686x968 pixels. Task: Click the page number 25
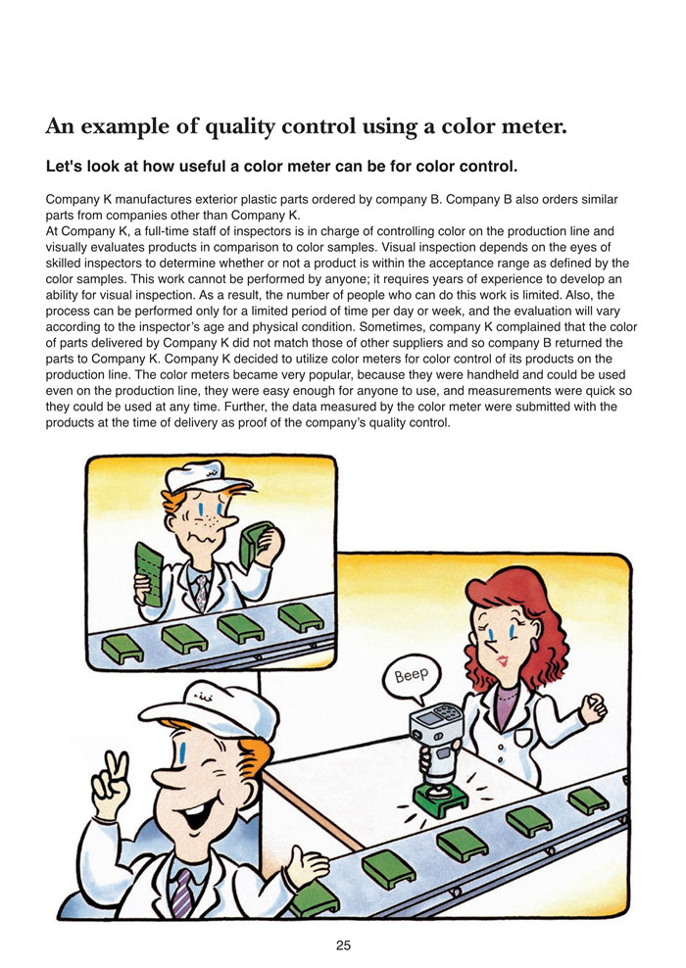(343, 945)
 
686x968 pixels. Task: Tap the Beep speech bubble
(412, 677)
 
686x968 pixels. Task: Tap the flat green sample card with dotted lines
(149, 574)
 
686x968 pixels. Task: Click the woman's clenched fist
(593, 707)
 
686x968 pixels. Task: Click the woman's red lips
(502, 660)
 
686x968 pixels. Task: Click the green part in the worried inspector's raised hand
(255, 543)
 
